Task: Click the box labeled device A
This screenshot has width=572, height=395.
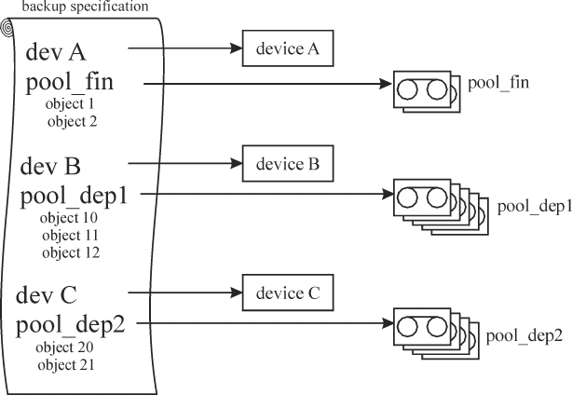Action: tap(287, 49)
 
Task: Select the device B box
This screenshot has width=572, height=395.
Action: tap(287, 164)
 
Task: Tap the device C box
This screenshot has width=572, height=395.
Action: tap(287, 292)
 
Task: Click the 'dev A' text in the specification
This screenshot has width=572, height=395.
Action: tap(60, 50)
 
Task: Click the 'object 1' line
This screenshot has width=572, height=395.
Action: tap(70, 105)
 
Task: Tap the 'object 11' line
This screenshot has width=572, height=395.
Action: tap(69, 235)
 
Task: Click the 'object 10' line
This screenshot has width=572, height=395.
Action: tap(69, 218)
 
